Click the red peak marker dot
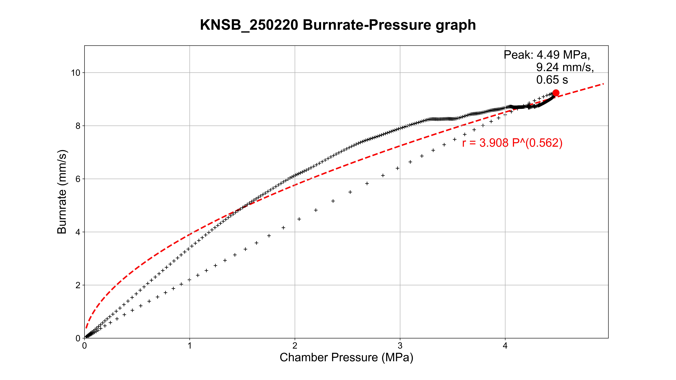click(x=556, y=93)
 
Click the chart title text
click(x=338, y=25)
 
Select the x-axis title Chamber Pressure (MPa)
click(x=346, y=357)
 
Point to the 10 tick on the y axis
click(x=76, y=73)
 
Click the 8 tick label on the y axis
click(x=78, y=126)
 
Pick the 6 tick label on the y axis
click(x=78, y=179)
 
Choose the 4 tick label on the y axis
click(x=78, y=232)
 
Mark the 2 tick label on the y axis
click(x=78, y=285)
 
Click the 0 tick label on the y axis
click(x=78, y=338)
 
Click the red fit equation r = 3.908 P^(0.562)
click(x=512, y=143)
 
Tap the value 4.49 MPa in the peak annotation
click(x=563, y=55)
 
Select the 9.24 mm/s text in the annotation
click(x=565, y=67)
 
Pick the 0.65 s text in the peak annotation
click(x=552, y=80)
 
